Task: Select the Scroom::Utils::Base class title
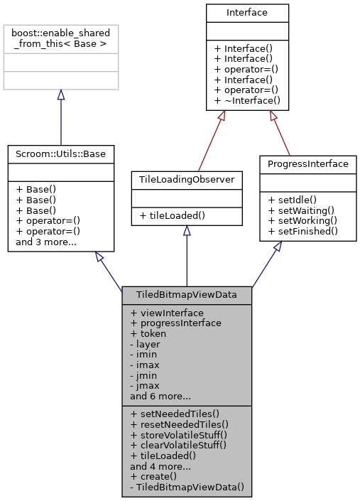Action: [x=60, y=153]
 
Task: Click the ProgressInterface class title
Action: [x=307, y=164]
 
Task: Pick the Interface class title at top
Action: [x=247, y=13]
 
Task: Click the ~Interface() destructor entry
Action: [x=247, y=101]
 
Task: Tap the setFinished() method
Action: [x=302, y=231]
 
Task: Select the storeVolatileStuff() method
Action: [x=178, y=433]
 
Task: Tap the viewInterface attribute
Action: [x=167, y=313]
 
